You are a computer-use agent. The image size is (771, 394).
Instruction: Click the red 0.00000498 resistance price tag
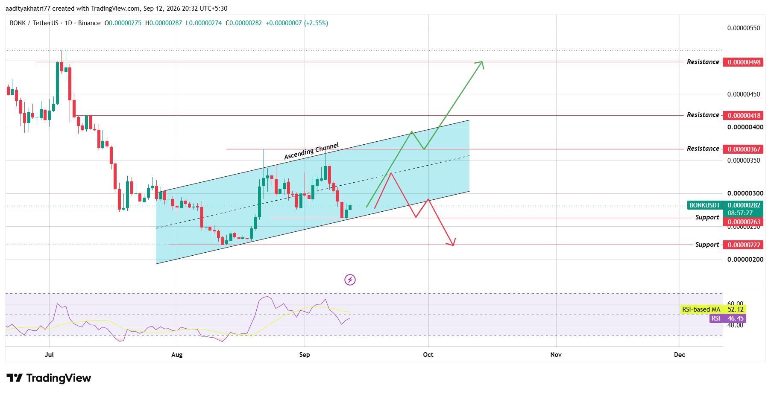point(744,62)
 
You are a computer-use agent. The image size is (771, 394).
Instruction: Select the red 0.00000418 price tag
point(744,115)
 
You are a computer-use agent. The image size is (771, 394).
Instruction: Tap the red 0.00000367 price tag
point(744,149)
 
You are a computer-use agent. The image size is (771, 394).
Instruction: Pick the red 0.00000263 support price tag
point(744,222)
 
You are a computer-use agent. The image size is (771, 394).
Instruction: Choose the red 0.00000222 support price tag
point(744,245)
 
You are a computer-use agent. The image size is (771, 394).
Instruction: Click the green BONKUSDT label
point(705,205)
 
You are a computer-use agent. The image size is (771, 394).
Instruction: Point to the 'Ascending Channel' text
point(311,151)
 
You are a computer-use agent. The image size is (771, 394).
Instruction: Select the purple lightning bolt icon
point(350,280)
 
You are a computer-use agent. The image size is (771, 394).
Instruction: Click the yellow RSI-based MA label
point(701,309)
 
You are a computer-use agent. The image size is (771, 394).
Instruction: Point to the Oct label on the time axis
point(428,355)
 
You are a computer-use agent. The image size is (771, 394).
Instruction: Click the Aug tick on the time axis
point(177,355)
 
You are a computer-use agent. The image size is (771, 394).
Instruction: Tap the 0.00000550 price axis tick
point(744,28)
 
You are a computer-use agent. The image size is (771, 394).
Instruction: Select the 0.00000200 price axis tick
point(744,260)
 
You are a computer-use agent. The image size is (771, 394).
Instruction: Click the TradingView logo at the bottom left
point(49,378)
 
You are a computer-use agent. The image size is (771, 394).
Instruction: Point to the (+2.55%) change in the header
point(316,23)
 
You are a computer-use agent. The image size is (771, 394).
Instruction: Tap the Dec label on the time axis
point(679,355)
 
